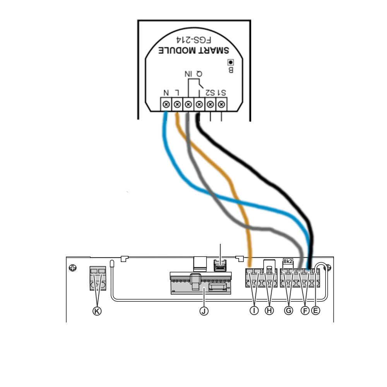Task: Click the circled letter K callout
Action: tap(97, 311)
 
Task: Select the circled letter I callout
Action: tap(254, 311)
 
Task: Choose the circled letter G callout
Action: tap(288, 311)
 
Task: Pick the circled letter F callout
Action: tap(305, 311)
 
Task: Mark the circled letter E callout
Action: tap(316, 311)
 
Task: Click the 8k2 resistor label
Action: tap(288, 262)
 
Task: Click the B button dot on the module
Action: tap(231, 62)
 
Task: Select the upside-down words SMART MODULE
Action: tap(194, 51)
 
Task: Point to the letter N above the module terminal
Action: tap(166, 92)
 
